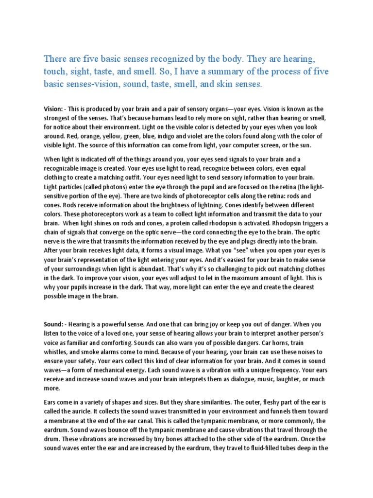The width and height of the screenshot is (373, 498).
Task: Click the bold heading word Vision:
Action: pyautogui.click(x=53, y=109)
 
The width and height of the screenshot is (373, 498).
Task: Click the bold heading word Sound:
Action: pyautogui.click(x=53, y=324)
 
